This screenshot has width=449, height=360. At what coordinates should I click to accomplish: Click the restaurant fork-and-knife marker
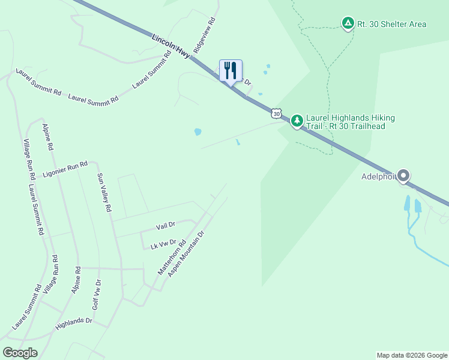[x=231, y=70]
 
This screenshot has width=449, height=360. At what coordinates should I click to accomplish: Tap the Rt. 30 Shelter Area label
[x=392, y=24]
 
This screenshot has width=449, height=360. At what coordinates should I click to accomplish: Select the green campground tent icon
[x=348, y=23]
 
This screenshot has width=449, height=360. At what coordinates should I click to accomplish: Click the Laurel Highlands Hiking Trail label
[x=345, y=122]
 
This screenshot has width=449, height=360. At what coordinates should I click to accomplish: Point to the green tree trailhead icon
[x=297, y=121]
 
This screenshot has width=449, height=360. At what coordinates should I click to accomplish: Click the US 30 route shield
[x=276, y=113]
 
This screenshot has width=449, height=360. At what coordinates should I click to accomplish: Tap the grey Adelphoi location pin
[x=403, y=176]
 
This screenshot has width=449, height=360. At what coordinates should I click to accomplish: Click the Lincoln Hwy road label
[x=171, y=46]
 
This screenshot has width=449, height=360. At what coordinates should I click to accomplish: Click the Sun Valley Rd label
[x=104, y=193]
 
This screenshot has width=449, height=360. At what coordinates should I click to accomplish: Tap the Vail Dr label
[x=165, y=225]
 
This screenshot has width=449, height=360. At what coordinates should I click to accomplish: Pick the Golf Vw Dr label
[x=97, y=294]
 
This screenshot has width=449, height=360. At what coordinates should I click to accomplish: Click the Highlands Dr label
[x=73, y=324]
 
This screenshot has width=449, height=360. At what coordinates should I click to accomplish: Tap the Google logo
[x=20, y=353]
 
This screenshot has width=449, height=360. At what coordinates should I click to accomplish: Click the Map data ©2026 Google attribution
[x=412, y=355]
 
